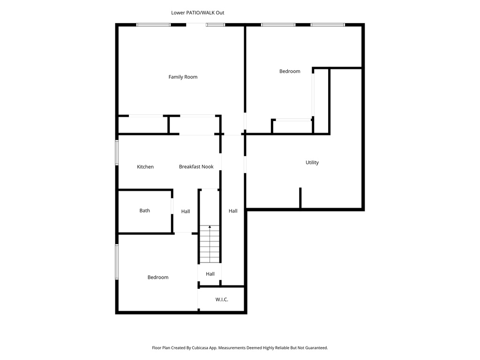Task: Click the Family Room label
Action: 183,77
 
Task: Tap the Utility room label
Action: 312,163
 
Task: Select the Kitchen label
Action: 145,167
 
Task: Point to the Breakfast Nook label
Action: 196,167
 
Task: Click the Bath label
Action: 145,211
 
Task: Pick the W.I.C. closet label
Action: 222,300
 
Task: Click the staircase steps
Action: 210,246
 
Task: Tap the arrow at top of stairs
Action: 210,228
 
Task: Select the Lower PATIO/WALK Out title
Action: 197,13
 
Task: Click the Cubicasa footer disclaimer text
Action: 240,348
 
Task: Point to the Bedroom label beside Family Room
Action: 290,71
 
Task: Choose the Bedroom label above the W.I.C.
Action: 158,277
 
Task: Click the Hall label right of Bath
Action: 186,212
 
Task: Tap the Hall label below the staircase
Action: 210,274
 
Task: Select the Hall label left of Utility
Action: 233,211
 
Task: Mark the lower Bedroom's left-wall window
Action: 117,262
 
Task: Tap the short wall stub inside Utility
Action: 300,197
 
